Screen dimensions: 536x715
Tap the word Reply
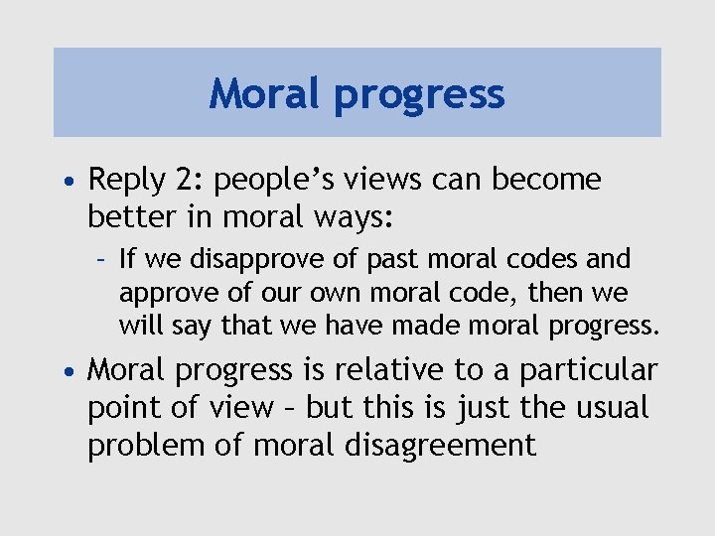pos(127,181)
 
